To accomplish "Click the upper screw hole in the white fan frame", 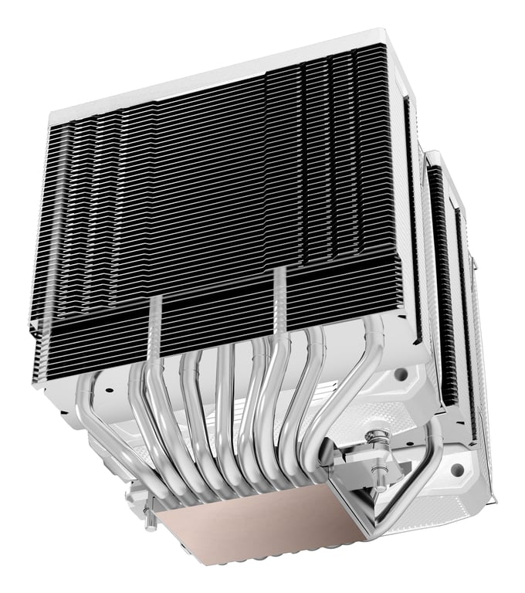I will click(x=401, y=374).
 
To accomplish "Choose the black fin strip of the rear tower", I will click(x=444, y=293).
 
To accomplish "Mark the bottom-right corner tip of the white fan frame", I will click(x=494, y=502).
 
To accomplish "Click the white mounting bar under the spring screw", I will click(x=363, y=471).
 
